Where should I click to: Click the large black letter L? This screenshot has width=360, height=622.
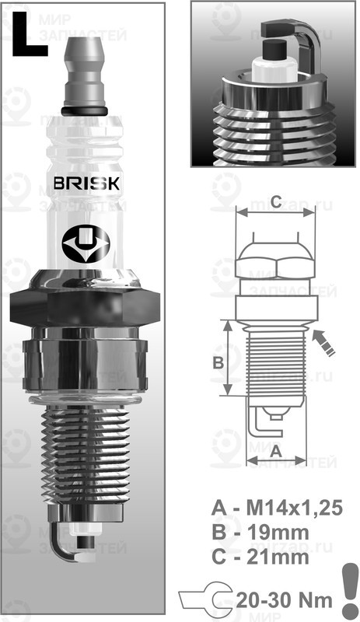[29, 35]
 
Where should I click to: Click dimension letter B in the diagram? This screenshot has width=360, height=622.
[218, 362]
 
